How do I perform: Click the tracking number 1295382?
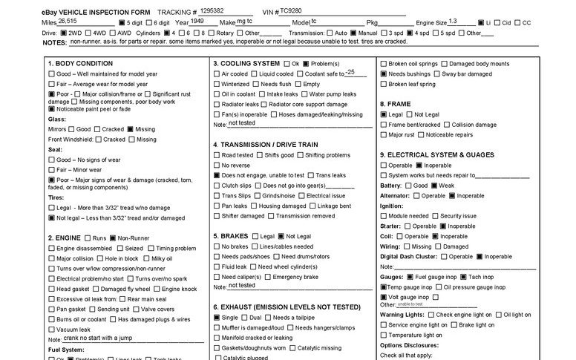(212, 11)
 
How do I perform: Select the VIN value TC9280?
(292, 11)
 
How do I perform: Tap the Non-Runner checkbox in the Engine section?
(112, 238)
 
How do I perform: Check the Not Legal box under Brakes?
(281, 236)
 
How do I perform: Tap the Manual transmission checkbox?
(354, 33)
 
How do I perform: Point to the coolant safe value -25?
(356, 72)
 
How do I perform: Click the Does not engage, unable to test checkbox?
(217, 174)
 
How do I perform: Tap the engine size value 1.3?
(453, 22)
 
